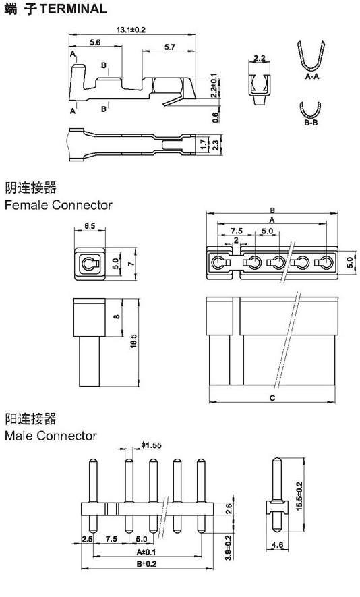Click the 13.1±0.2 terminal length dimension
pos(131,30)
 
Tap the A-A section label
pos(312,76)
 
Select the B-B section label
pos(311,123)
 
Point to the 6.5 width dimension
pos(90,226)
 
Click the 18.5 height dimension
pos(133,341)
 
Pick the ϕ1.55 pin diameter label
pos(152,445)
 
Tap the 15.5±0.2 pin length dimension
pos(299,496)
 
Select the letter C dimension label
pos(272,398)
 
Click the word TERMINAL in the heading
pos(73,9)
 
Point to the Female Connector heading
pos(59,205)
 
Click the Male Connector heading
pos(51,436)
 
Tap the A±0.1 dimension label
pos(146,552)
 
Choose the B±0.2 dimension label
pos(146,563)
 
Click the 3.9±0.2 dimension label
pos(229,547)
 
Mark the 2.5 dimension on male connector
pos(87,539)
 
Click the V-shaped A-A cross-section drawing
pos(311,57)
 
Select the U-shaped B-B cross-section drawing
pos(309,111)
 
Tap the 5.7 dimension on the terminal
pos(170,47)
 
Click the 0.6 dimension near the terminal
pos(216,117)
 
